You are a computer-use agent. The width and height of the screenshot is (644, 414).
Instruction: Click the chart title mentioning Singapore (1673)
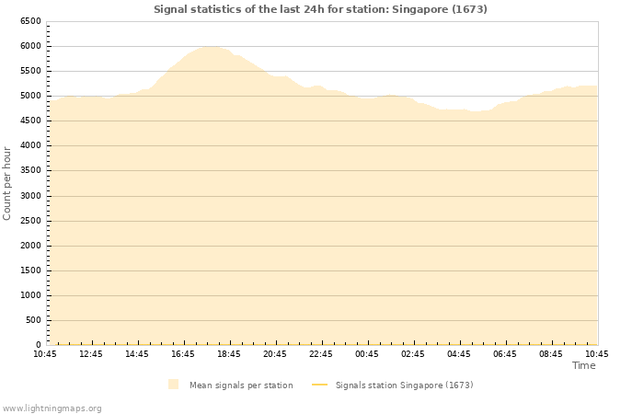coord(320,9)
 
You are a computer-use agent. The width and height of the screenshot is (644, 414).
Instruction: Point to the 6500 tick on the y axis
coord(29,21)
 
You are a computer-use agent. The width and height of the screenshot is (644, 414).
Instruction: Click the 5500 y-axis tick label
coord(29,71)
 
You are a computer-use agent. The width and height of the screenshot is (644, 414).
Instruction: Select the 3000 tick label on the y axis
coord(29,196)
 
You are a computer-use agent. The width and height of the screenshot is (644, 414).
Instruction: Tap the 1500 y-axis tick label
coord(29,270)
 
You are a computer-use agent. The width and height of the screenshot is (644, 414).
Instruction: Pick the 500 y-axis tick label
coord(32,320)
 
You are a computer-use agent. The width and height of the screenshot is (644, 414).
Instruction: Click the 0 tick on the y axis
coord(38,345)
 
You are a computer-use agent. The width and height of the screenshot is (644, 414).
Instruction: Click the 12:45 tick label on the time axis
coord(91,354)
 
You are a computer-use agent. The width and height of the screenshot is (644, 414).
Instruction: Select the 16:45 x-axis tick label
coord(183,354)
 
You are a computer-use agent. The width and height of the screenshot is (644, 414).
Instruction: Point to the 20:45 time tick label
coord(275,354)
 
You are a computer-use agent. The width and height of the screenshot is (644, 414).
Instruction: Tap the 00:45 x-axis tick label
coord(367,354)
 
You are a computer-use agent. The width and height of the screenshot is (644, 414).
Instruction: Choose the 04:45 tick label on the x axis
coord(459,354)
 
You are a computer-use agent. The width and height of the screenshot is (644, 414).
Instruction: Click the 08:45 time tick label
coord(551,354)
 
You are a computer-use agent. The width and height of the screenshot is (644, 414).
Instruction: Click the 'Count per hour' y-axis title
coord(7,183)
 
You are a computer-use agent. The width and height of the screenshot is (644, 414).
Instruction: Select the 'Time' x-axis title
coord(583,365)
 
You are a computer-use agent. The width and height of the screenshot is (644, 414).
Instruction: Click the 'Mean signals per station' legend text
coord(241,385)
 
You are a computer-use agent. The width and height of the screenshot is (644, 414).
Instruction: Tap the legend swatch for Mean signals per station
coord(174,385)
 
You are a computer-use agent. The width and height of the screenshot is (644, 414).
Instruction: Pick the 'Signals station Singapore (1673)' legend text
coord(404,385)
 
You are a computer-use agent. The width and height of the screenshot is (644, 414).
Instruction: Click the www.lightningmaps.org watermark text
coord(52,408)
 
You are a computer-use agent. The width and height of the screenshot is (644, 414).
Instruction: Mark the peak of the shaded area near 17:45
coord(210,46)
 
